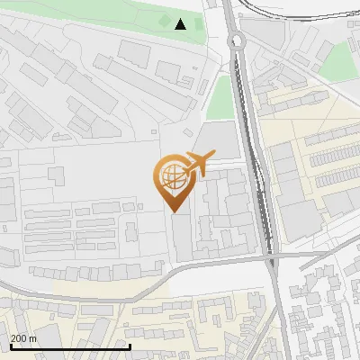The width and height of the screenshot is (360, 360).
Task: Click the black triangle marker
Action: point(181,24)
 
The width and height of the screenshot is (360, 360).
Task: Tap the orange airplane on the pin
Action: point(198,163)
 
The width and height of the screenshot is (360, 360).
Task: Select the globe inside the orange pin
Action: point(173,175)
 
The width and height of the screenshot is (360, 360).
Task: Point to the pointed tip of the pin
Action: point(174,211)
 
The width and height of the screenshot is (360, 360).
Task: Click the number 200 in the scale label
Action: point(19,337)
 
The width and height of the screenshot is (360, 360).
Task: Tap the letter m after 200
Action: point(32,337)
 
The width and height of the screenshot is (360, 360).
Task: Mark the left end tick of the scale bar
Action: point(11,346)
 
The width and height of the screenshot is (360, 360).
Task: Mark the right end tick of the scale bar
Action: point(130,346)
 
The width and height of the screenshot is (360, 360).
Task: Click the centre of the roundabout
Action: point(237,40)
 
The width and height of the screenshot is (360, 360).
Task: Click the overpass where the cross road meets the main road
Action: point(271,261)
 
